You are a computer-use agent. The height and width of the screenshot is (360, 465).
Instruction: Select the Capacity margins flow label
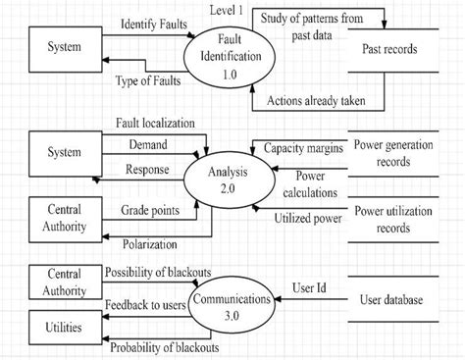[302, 147]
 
